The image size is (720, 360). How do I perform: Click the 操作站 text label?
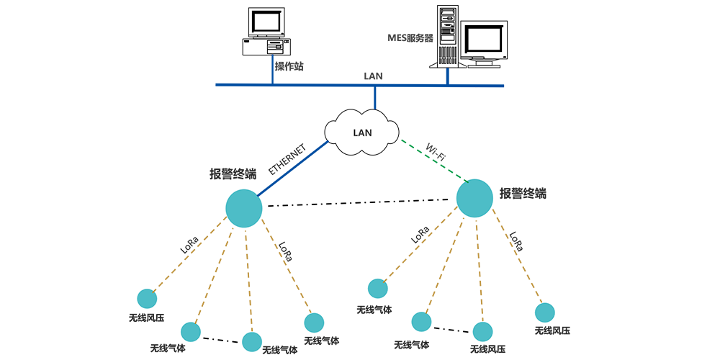[x=289, y=66]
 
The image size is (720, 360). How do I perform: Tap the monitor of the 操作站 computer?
[x=268, y=22]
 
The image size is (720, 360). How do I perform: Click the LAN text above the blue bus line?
[x=374, y=75]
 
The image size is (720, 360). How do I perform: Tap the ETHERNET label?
[x=287, y=159]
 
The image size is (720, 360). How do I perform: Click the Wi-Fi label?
[x=435, y=153]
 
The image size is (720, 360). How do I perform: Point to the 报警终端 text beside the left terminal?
[x=233, y=174]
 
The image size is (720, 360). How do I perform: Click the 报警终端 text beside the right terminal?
[x=523, y=193]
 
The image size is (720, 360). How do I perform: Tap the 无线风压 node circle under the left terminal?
[x=147, y=298]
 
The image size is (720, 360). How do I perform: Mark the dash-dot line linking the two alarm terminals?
[x=360, y=203]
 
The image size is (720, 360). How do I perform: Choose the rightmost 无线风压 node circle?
[x=545, y=312]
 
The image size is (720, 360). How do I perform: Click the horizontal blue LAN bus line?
[x=324, y=85]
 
